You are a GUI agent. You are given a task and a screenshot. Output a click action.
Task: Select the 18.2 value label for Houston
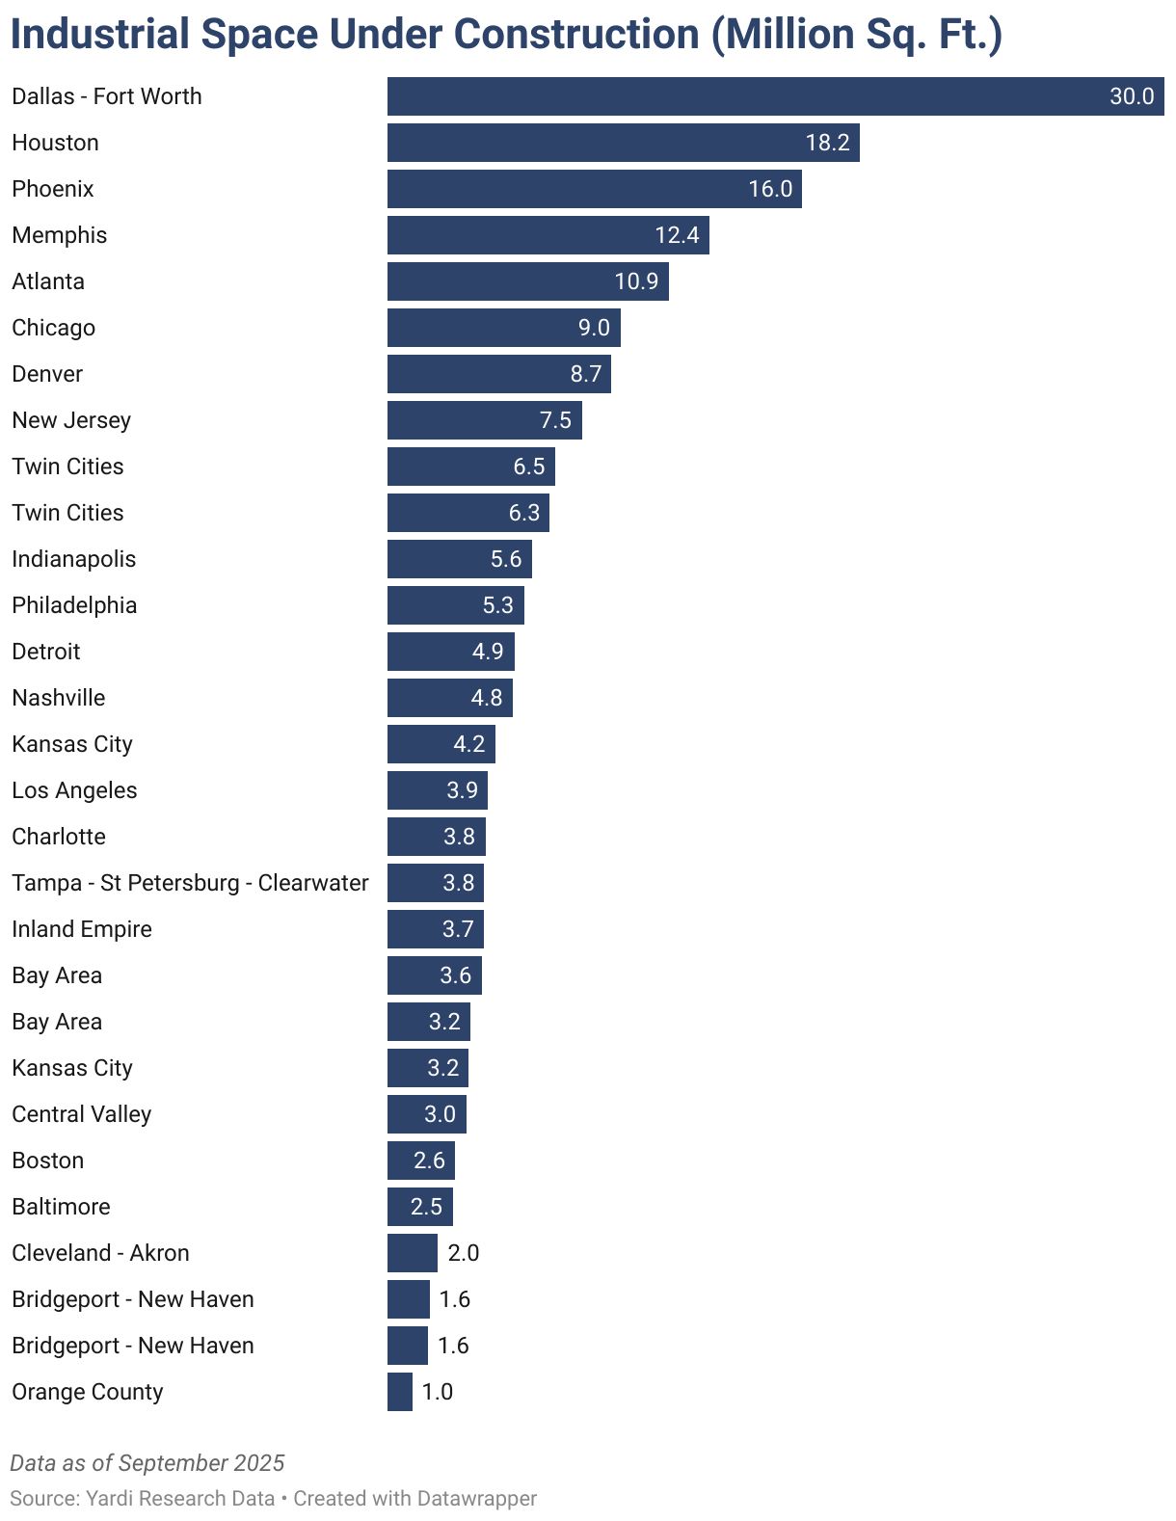827,143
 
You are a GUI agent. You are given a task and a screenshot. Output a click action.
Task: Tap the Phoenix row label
53,189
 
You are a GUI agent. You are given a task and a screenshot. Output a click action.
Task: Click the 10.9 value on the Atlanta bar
636,281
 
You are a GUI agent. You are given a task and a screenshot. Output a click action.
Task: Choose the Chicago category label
54,328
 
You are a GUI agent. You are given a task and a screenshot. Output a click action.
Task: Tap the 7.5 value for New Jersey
555,420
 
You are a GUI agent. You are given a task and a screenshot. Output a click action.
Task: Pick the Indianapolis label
74,559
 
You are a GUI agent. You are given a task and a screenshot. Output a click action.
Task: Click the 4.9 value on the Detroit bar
488,652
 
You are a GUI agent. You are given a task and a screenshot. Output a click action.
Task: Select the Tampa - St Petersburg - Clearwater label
190,883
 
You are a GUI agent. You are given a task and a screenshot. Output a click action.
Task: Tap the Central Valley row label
82,1114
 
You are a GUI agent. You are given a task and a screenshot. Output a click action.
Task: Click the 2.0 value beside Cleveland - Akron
463,1253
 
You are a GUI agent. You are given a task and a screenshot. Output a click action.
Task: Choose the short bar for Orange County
399,1392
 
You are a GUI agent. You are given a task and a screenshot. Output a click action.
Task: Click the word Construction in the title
576,35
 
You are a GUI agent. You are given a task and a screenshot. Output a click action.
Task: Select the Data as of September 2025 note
147,1463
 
